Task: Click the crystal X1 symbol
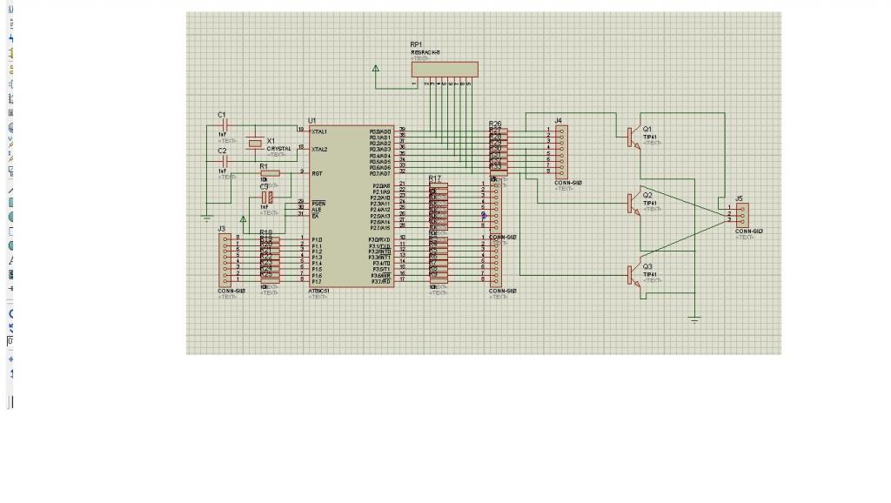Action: (x=255, y=143)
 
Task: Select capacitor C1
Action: (x=224, y=125)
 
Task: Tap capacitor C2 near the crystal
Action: (x=224, y=161)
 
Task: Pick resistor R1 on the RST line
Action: (x=270, y=172)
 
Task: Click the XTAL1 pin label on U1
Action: (x=319, y=131)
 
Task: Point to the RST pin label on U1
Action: (x=317, y=172)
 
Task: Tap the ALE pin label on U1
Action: (x=316, y=209)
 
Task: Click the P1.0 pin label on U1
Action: (x=317, y=239)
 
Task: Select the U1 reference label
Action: (x=312, y=120)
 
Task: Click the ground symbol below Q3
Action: (x=694, y=320)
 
